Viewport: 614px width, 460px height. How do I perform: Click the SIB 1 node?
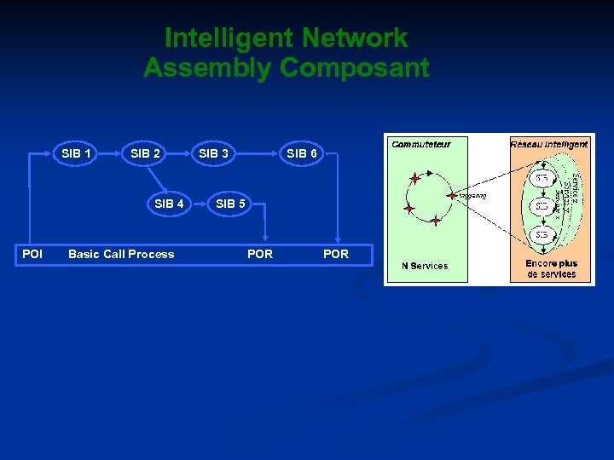77,153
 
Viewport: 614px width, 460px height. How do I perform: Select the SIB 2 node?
145,153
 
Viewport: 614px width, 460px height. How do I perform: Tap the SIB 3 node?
213,153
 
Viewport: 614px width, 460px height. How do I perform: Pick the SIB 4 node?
169,204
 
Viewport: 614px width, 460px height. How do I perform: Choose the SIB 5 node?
230,204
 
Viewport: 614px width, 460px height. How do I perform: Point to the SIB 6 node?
302,153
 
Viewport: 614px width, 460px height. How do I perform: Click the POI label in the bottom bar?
32,254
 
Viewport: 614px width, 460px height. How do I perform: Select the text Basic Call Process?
121,254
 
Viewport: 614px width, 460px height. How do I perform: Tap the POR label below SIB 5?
260,254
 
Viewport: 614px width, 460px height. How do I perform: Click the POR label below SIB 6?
336,254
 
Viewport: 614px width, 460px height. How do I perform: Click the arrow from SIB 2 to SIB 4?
156,178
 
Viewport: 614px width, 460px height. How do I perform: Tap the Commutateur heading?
421,144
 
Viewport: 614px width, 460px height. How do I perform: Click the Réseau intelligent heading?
550,144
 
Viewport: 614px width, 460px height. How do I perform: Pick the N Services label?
425,266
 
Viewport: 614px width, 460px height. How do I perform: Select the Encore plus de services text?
551,268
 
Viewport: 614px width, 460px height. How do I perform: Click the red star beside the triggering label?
451,196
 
